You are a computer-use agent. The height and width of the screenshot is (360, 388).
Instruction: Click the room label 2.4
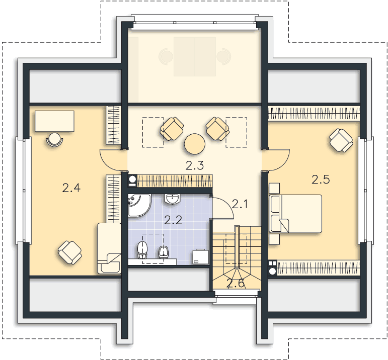pyautogui.click(x=71, y=188)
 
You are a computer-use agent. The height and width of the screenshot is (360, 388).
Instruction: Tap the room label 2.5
pyautogui.click(x=321, y=179)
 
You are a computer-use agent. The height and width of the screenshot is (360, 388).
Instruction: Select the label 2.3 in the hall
pyautogui.click(x=194, y=165)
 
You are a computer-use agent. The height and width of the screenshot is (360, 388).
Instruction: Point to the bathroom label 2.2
pyautogui.click(x=174, y=219)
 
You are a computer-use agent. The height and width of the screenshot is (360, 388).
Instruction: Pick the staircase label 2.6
pyautogui.click(x=236, y=284)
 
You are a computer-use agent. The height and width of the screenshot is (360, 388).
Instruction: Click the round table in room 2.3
pyautogui.click(x=195, y=144)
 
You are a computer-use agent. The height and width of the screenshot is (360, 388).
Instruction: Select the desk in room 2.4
pyautogui.click(x=55, y=121)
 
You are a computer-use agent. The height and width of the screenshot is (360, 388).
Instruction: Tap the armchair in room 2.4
pyautogui.click(x=69, y=251)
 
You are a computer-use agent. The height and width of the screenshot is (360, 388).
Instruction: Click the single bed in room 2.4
pyautogui.click(x=109, y=248)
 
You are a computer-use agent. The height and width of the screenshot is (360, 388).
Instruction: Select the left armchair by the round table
pyautogui.click(x=172, y=129)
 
